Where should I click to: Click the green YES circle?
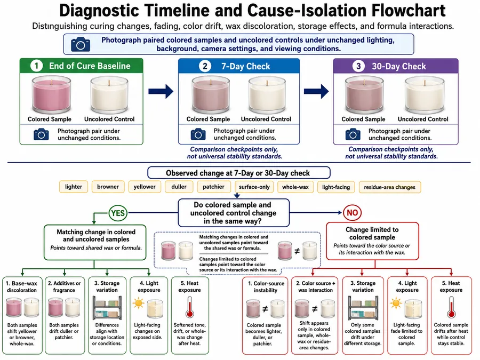pyautogui.click(x=118, y=213)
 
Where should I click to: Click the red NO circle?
pyautogui.click(x=352, y=213)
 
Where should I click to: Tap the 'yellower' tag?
pyautogui.click(x=145, y=187)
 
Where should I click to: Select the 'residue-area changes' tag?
pyautogui.click(x=390, y=187)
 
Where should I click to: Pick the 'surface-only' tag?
pyautogui.click(x=254, y=187)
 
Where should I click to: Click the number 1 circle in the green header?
pyautogui.click(x=36, y=66)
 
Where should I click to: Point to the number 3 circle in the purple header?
pyautogui.click(x=358, y=66)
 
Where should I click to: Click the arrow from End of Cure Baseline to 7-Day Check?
pyautogui.click(x=161, y=91)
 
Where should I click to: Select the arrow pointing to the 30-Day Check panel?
pyautogui.click(x=316, y=91)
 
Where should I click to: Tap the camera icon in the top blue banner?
pyautogui.click(x=81, y=45)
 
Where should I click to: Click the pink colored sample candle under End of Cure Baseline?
pyautogui.click(x=51, y=94)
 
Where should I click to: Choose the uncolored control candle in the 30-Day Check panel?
pyautogui.click(x=425, y=94)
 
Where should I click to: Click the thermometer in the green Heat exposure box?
pyautogui.click(x=190, y=307)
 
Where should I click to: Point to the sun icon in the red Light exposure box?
pyautogui.click(x=396, y=303)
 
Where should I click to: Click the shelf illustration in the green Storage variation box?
pyautogui.click(x=107, y=308)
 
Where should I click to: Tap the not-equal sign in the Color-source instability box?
pyautogui.click(x=265, y=309)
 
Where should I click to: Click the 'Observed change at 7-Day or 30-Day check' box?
pyautogui.click(x=239, y=173)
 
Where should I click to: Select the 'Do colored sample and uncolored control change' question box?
pyautogui.click(x=234, y=213)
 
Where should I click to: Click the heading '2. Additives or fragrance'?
pyautogui.click(x=65, y=286)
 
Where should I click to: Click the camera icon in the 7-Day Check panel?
pyautogui.click(x=198, y=134)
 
